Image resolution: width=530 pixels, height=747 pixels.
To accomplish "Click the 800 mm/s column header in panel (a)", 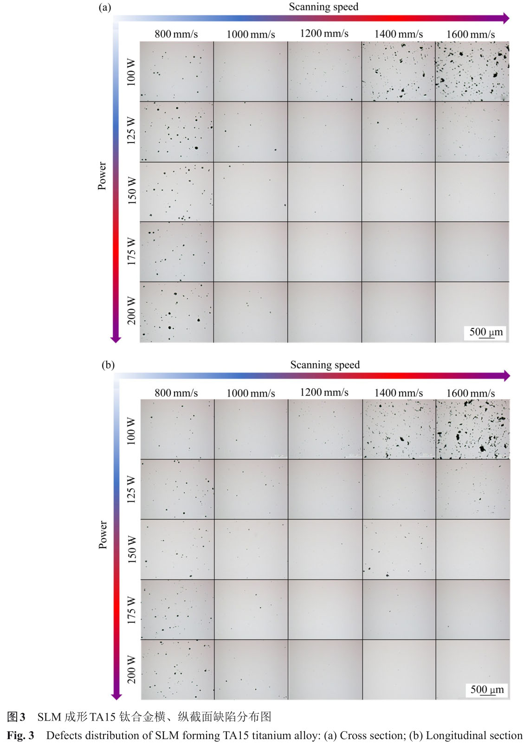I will pyautogui.click(x=176, y=34).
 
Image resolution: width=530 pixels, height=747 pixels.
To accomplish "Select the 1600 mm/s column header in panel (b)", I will pyautogui.click(x=471, y=393).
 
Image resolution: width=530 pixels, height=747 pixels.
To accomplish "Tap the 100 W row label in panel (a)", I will pyautogui.click(x=131, y=72).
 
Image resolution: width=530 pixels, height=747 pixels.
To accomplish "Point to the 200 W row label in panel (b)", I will pyautogui.click(x=132, y=670).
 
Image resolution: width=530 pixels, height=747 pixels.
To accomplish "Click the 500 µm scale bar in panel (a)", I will pyautogui.click(x=486, y=333).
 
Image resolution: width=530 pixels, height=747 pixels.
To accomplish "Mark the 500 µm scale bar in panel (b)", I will pyautogui.click(x=487, y=690).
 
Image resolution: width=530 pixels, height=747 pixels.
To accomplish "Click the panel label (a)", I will pyautogui.click(x=105, y=7).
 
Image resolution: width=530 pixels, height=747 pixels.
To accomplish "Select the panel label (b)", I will pyautogui.click(x=108, y=365).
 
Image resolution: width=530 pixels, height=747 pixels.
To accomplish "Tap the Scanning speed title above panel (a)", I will pyautogui.click(x=323, y=6).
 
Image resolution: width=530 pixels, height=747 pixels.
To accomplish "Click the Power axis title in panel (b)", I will pyautogui.click(x=103, y=534).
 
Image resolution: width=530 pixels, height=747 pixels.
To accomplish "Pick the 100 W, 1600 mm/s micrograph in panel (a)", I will pyautogui.click(x=472, y=71).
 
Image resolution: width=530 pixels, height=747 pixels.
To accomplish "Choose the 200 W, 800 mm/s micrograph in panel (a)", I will pyautogui.click(x=177, y=312).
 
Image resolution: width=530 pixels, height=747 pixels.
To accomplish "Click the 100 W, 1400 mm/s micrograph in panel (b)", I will pyautogui.click(x=399, y=429).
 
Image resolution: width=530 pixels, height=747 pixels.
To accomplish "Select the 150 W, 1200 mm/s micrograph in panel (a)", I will pyautogui.click(x=324, y=192).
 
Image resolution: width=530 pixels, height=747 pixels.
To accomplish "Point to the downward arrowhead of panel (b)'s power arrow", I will pyautogui.click(x=116, y=695).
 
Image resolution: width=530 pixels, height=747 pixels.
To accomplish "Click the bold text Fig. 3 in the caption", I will pyautogui.click(x=20, y=735).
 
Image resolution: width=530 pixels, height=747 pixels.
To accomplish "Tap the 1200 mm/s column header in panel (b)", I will pyautogui.click(x=324, y=393).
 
